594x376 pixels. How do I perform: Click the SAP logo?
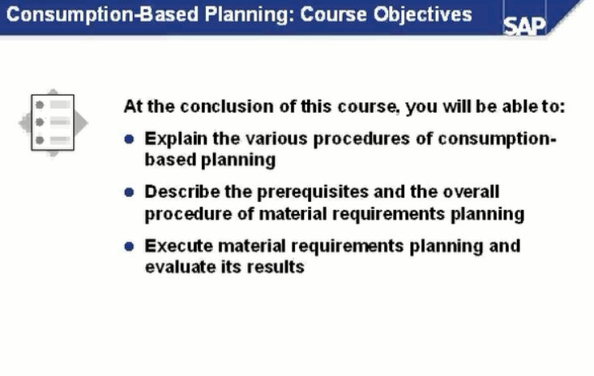tap(525, 24)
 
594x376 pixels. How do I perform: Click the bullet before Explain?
tap(129, 139)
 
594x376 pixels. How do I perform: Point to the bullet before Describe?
tap(129, 192)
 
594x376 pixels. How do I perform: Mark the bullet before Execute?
tap(129, 246)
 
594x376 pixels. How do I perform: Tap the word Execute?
tap(175, 246)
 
